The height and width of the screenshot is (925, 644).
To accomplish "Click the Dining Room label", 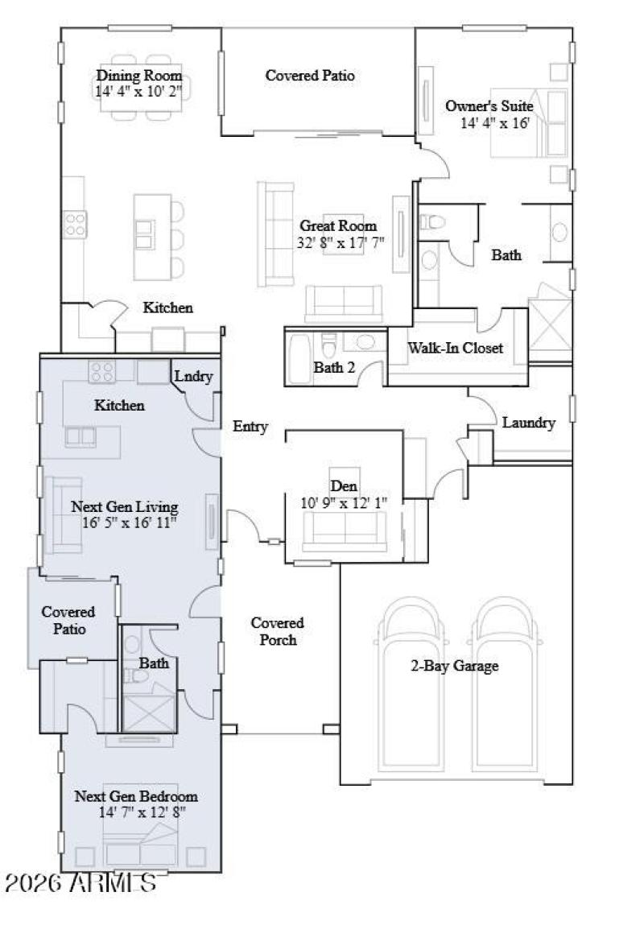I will [140, 76].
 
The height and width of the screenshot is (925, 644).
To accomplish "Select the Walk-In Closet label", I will [456, 349].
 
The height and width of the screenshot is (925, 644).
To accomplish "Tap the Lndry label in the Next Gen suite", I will [194, 376].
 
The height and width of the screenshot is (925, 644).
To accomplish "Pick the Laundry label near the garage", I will [529, 423].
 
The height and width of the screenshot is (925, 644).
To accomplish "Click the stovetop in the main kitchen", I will [76, 223].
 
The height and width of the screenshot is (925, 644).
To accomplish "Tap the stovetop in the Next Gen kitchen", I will [101, 371].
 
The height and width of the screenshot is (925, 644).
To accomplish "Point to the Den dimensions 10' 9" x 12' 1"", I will [344, 503].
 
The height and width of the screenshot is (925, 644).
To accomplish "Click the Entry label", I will [250, 427].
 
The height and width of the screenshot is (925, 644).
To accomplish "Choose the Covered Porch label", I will [277, 631].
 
